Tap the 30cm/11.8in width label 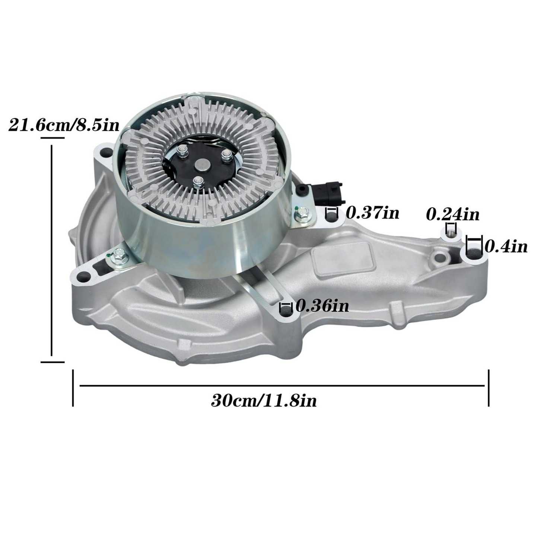[x=264, y=401]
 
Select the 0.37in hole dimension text [x=372, y=213]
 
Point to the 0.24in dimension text [x=452, y=214]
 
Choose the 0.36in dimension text [x=322, y=306]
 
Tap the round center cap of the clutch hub [x=203, y=165]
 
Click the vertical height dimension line [x=52, y=249]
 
